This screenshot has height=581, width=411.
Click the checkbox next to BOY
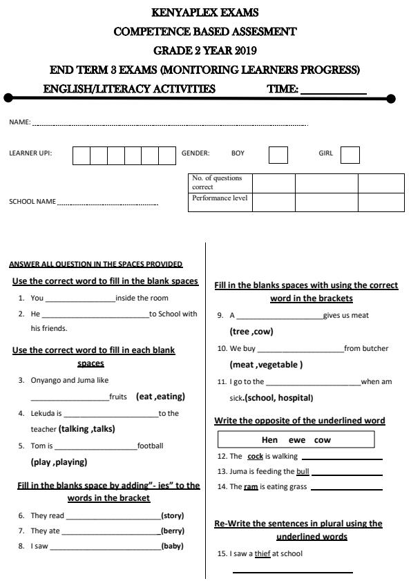click(x=278, y=155)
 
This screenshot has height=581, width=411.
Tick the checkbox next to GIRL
click(x=350, y=155)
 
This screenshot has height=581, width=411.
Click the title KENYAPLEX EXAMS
click(x=204, y=13)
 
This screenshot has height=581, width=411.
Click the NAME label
click(x=19, y=122)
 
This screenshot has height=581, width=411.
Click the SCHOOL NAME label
click(x=32, y=202)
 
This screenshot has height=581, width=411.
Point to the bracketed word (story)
click(x=172, y=515)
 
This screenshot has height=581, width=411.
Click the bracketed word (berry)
click(x=172, y=531)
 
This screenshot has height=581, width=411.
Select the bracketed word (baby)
click(x=172, y=546)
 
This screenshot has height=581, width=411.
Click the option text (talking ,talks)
click(x=87, y=428)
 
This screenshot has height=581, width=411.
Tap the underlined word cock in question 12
click(x=256, y=456)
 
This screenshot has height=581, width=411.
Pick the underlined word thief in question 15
click(x=262, y=553)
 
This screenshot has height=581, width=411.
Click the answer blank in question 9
click(x=279, y=316)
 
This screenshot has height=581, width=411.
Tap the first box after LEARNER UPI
click(x=81, y=155)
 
